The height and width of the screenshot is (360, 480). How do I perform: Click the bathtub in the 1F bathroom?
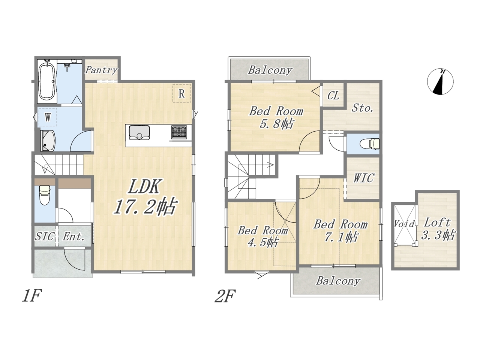click(46, 81)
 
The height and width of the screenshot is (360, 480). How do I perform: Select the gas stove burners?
click(179, 132)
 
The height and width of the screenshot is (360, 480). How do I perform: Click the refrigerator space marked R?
click(181, 93)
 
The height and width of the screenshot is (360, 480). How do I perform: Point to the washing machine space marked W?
click(48, 117)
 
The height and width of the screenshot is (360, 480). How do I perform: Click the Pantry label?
click(101, 70)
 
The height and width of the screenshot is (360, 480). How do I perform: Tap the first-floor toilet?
click(45, 195)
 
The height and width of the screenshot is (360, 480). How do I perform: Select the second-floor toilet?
click(370, 144)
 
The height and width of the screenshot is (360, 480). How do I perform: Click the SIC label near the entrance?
click(45, 237)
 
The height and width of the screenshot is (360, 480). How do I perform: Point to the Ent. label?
click(74, 237)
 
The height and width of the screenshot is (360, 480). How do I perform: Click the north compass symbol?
click(440, 81)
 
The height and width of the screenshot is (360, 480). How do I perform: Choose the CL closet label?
click(333, 96)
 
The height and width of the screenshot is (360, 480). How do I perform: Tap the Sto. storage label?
click(362, 108)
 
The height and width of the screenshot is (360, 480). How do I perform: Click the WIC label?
click(364, 178)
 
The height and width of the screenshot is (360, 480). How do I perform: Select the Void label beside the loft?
click(404, 223)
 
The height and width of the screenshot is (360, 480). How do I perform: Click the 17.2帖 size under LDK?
click(144, 207)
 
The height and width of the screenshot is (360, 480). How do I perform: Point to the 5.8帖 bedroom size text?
click(276, 124)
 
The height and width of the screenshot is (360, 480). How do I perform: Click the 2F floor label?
click(225, 296)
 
